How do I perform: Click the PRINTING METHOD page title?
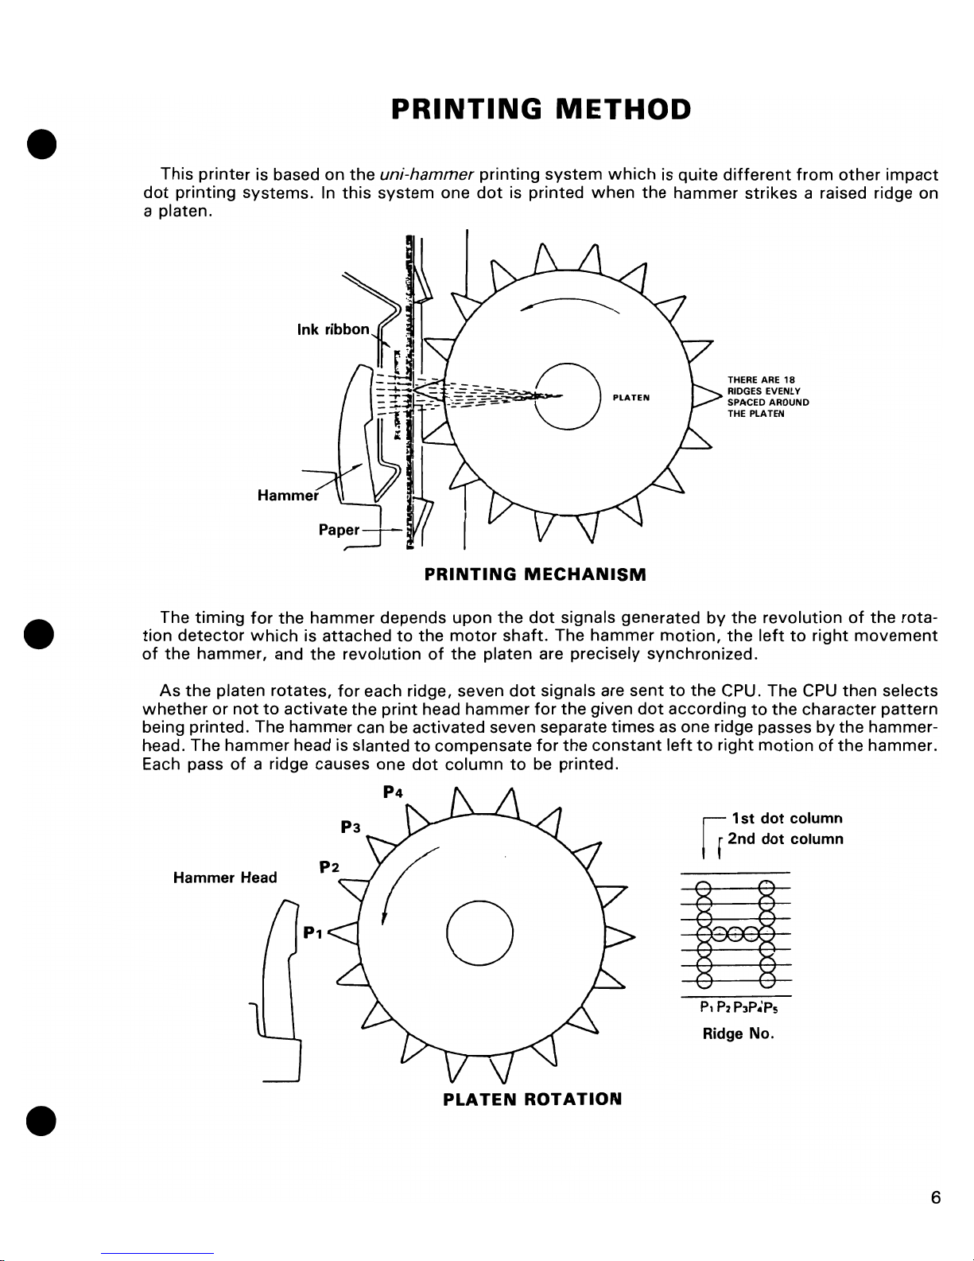click(541, 108)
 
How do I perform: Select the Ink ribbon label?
click(332, 329)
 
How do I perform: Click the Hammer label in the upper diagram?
click(288, 496)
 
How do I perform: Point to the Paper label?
click(340, 530)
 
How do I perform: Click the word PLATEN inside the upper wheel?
click(632, 398)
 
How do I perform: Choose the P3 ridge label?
click(351, 827)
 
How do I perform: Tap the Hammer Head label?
click(225, 878)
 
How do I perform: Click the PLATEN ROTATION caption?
click(532, 1099)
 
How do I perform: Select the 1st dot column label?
click(786, 818)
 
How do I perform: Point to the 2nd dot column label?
click(785, 839)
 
